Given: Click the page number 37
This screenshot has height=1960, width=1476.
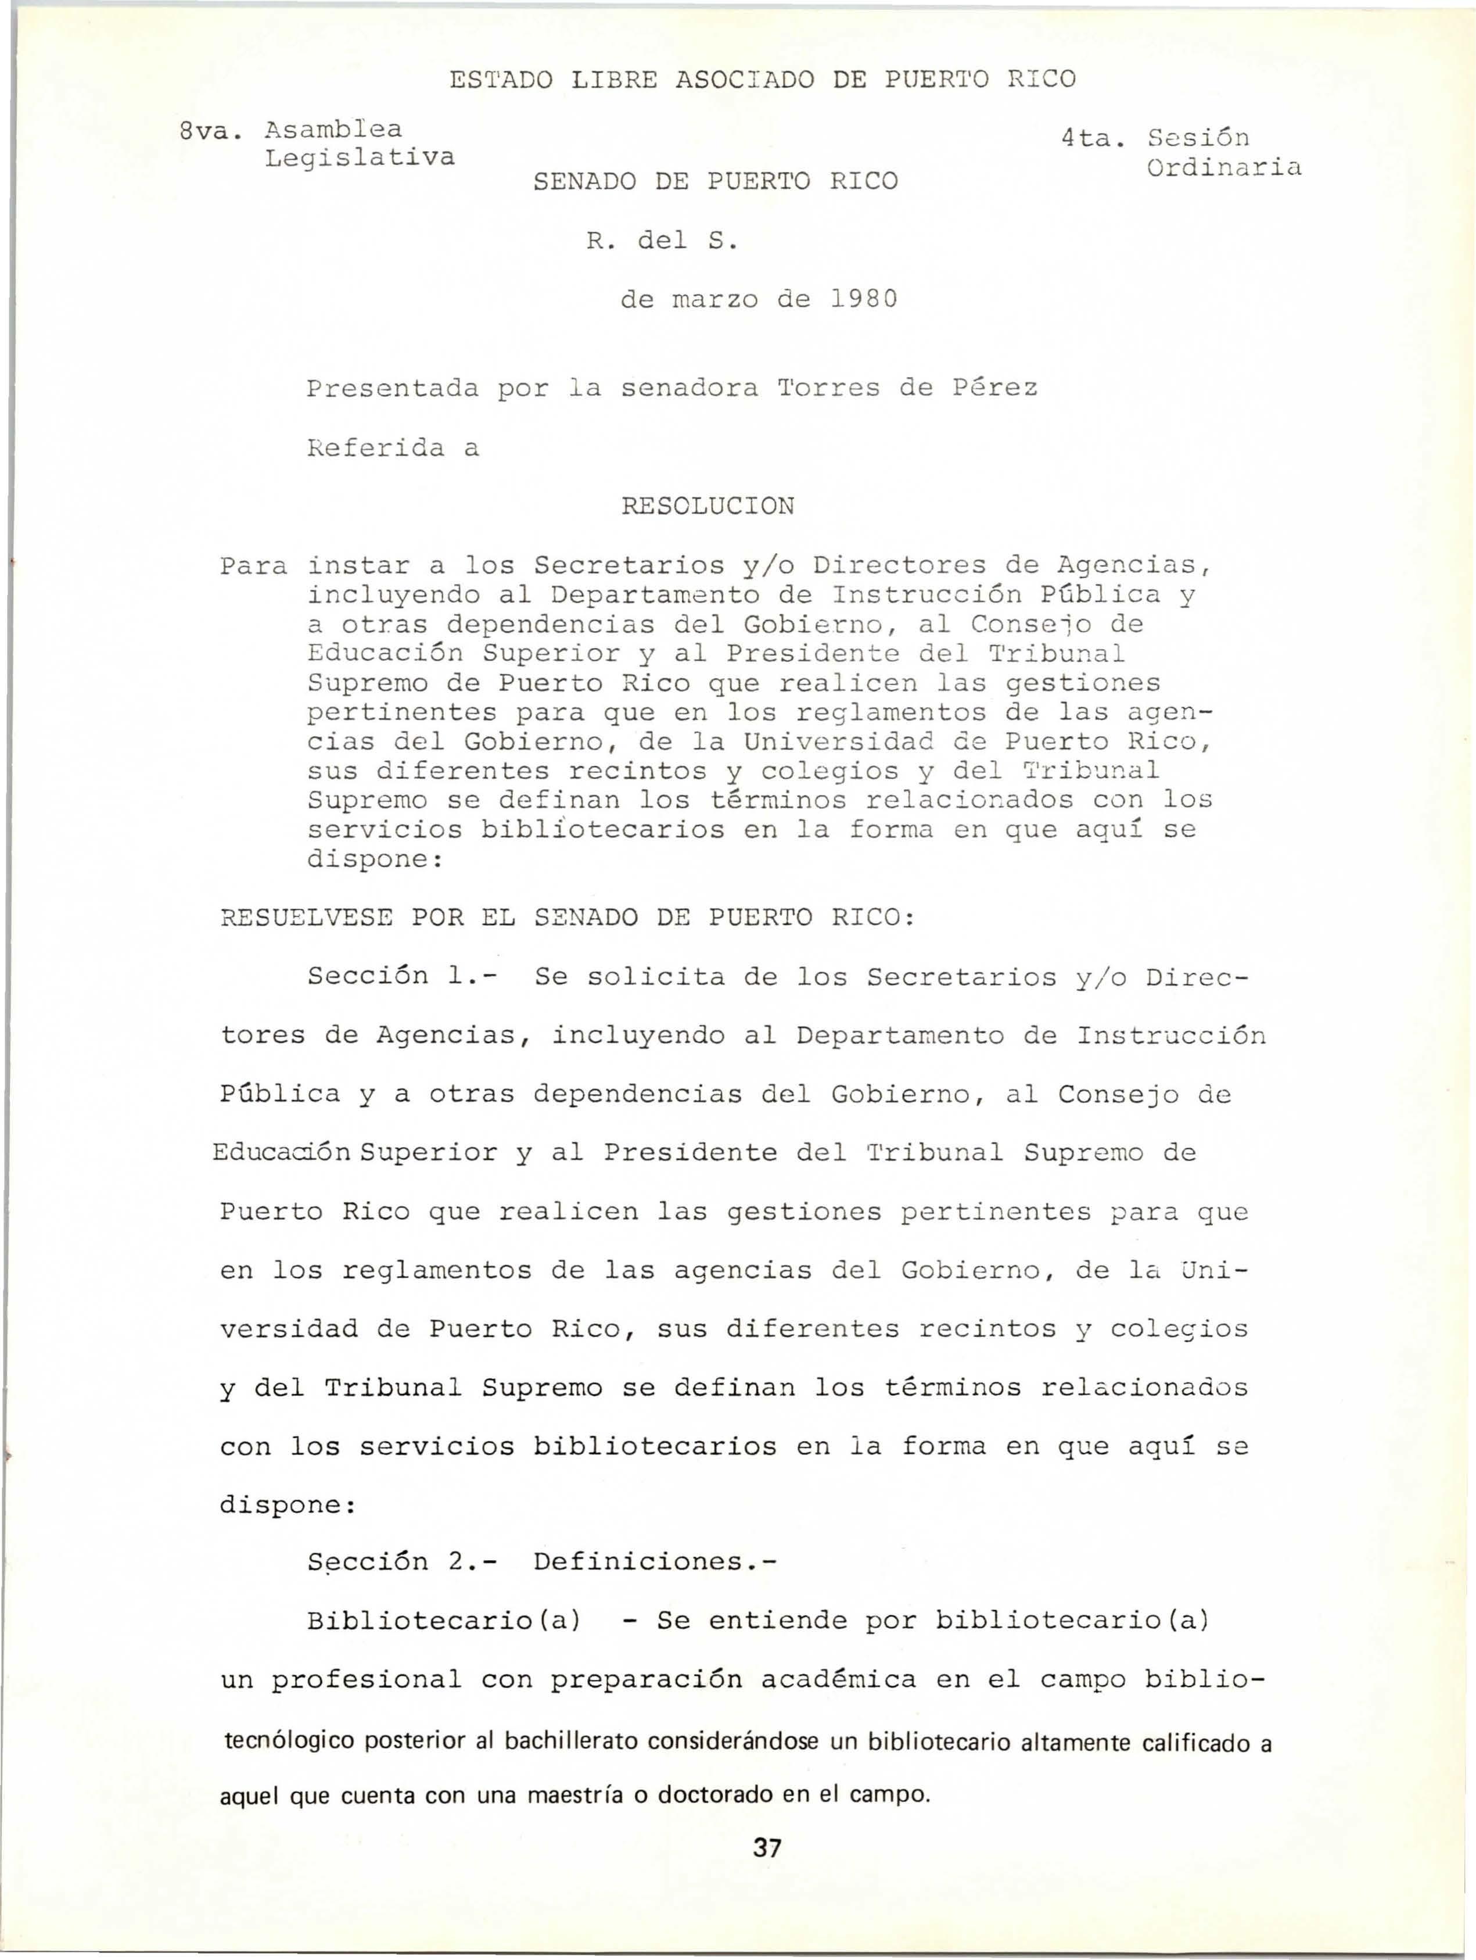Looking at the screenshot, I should click(x=766, y=1847).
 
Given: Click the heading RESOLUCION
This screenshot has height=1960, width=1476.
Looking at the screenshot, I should click(x=708, y=506).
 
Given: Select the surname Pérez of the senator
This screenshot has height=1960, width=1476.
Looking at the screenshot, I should click(x=994, y=388).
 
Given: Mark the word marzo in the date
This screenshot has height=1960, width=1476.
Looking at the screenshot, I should click(x=716, y=299).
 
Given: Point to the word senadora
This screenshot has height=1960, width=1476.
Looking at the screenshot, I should click(x=689, y=388).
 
